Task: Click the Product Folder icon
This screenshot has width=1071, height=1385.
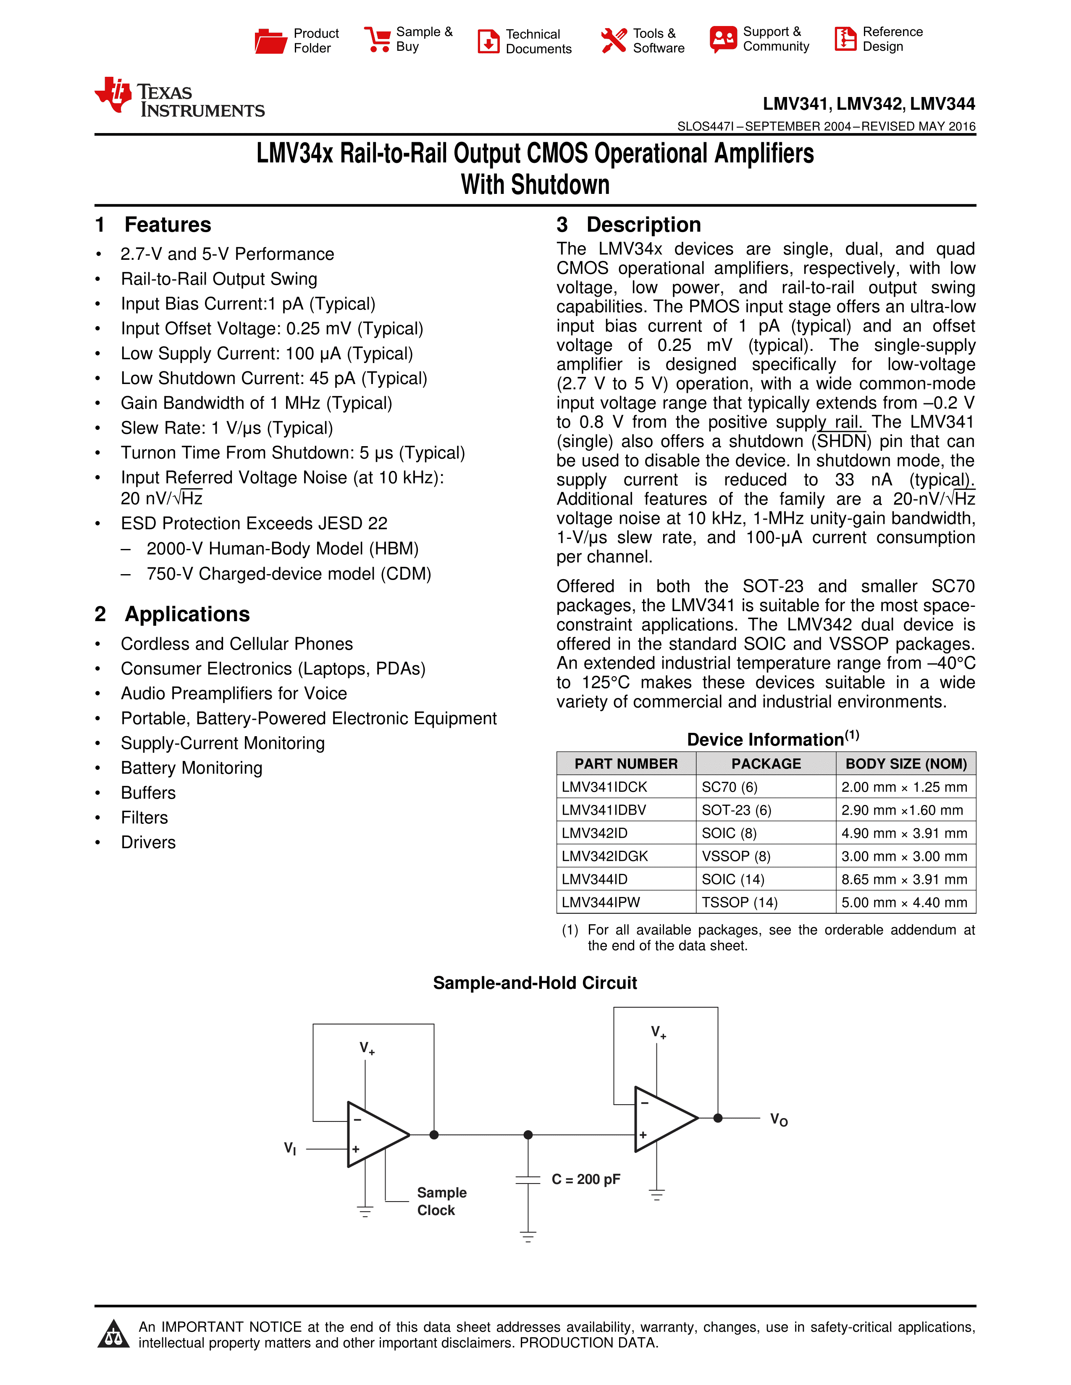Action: point(270,41)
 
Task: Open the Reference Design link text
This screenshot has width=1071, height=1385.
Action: point(892,39)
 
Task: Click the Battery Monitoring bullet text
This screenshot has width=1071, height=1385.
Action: point(192,768)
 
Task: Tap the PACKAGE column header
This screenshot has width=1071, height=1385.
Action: point(766,763)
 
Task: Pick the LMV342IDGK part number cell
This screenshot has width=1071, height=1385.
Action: point(605,856)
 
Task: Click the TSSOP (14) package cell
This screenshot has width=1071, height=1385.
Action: point(739,902)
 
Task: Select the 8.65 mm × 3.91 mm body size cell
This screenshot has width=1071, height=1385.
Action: point(904,880)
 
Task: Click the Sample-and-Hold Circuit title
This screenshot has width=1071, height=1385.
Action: point(535,983)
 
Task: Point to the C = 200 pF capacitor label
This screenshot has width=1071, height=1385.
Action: point(585,1179)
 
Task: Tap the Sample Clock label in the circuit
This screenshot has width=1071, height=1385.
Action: point(441,1201)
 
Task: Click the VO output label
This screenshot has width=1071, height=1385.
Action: point(779,1120)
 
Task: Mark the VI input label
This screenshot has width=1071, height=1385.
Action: point(290,1148)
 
